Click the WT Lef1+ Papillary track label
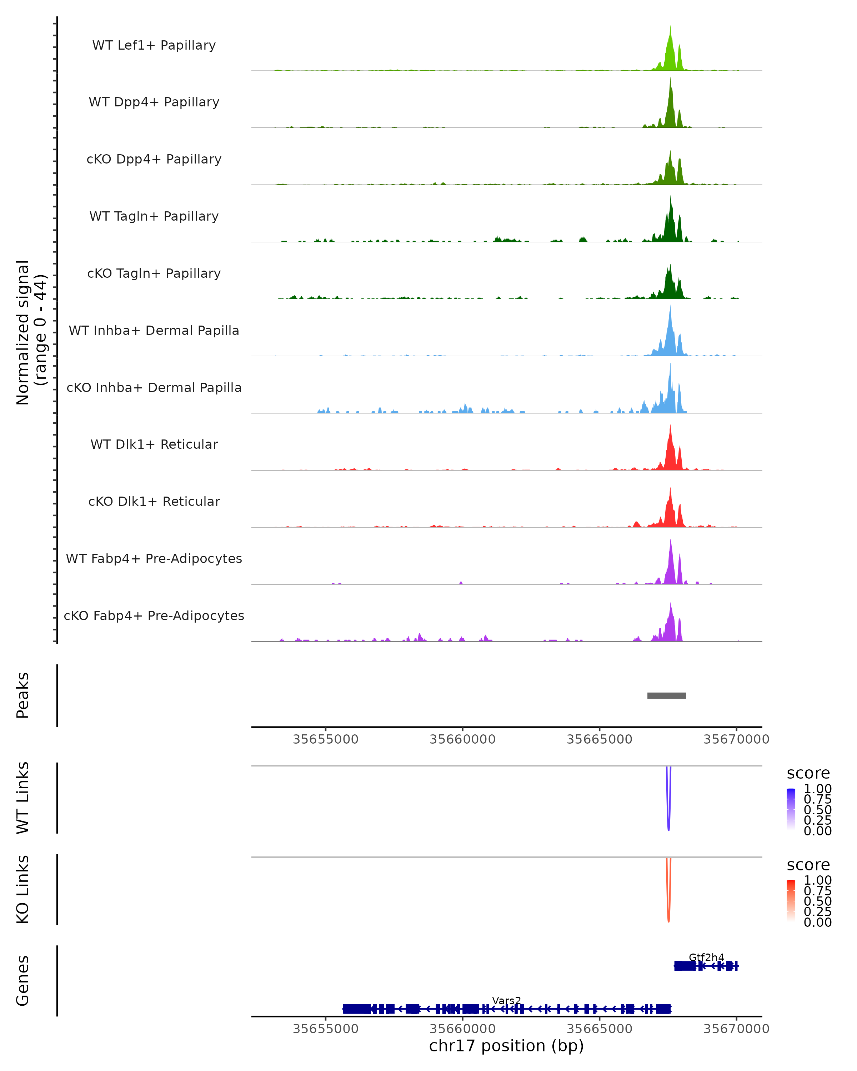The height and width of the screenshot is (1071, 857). (x=154, y=45)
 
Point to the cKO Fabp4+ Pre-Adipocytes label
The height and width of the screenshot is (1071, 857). (x=154, y=615)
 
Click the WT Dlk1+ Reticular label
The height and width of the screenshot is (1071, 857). (x=154, y=444)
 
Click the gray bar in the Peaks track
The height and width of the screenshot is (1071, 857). (x=666, y=695)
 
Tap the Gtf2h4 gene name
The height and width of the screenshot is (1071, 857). (x=706, y=957)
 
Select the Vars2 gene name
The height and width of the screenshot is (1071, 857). (x=506, y=1000)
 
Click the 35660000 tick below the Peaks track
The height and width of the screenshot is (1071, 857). (x=462, y=739)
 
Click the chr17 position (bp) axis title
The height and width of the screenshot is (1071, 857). (x=506, y=1046)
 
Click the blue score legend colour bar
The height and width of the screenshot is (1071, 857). (x=791, y=809)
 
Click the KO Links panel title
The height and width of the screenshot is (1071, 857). (x=23, y=889)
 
